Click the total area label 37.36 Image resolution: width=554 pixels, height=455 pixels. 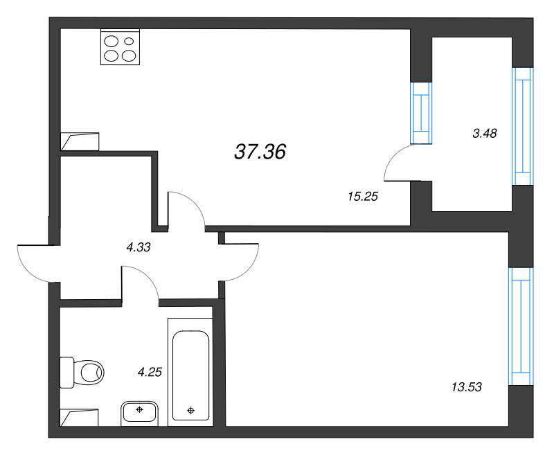pos(260,152)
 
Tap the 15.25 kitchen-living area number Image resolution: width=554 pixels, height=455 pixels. pos(363,197)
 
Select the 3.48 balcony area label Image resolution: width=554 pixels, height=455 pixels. pos(485,134)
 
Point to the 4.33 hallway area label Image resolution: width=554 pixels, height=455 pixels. pos(138,247)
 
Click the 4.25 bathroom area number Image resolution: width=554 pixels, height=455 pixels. pos(150,372)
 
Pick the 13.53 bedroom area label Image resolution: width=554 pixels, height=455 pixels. pos(467,387)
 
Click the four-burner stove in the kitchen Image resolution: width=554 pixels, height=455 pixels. pos(120,47)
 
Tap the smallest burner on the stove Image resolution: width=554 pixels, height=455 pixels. pos(129,42)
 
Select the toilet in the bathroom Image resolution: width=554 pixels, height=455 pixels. pos(82,373)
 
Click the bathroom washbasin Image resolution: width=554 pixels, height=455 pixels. pos(140,413)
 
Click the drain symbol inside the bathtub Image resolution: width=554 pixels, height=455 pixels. pos(191,410)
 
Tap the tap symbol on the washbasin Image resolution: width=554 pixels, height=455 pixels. pos(140,409)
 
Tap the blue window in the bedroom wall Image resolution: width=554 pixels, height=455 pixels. pos(521,326)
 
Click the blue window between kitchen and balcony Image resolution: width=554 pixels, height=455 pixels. pos(421,113)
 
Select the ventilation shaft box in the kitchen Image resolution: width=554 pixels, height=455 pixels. pos(80,142)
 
